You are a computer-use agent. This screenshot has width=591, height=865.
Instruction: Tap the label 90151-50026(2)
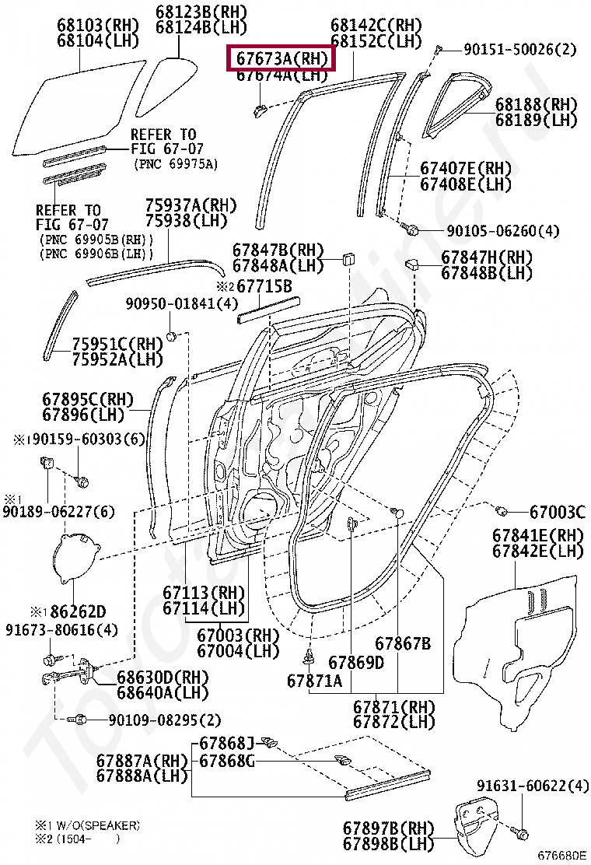[x=520, y=49]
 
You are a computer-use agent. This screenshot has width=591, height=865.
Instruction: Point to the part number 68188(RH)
[x=537, y=104]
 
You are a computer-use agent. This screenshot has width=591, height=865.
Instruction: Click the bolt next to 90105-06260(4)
[x=413, y=230]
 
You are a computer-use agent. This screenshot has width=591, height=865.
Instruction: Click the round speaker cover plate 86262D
[x=78, y=557]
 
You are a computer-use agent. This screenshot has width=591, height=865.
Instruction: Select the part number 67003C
[x=557, y=512]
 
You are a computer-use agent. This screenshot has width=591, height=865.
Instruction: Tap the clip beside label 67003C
[x=502, y=510]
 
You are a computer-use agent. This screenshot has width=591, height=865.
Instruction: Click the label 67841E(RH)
[x=537, y=535]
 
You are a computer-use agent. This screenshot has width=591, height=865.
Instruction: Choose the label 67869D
[x=356, y=663]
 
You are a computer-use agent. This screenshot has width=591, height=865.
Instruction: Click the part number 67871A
[x=314, y=681]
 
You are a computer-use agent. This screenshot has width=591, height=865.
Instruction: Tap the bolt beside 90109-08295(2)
[x=75, y=720]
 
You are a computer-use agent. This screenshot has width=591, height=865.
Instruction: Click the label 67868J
[x=227, y=743]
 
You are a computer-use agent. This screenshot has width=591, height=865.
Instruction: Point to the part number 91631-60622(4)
[x=533, y=786]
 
